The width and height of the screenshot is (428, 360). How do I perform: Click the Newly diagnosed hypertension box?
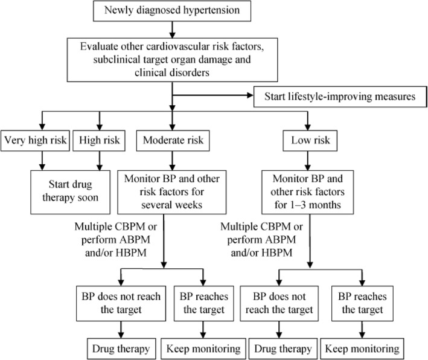[173, 10]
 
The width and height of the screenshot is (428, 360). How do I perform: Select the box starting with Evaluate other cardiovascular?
[173, 59]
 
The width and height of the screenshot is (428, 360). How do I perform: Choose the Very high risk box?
[36, 142]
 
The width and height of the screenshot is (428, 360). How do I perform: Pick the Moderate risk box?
[173, 142]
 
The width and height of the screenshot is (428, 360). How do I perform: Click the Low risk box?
[311, 142]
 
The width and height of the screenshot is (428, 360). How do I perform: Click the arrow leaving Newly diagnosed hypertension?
[173, 28]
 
